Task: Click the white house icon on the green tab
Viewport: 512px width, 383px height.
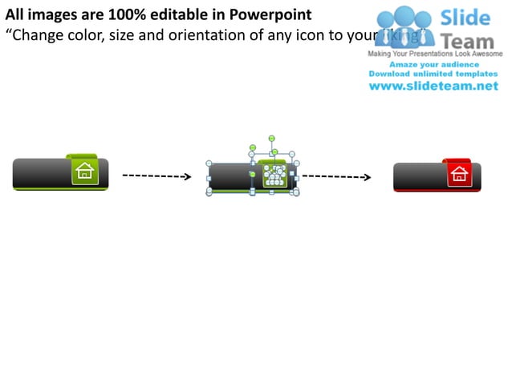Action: [84, 171]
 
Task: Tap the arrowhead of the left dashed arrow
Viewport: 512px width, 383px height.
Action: [187, 177]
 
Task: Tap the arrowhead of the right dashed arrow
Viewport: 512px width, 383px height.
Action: [367, 177]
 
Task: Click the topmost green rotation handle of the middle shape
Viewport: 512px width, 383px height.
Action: [272, 139]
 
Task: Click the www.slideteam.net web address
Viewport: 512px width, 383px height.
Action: [433, 87]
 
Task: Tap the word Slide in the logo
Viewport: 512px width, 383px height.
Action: [466, 18]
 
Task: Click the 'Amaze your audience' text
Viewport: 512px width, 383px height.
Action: [433, 64]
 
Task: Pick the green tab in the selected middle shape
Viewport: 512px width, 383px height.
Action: [273, 173]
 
